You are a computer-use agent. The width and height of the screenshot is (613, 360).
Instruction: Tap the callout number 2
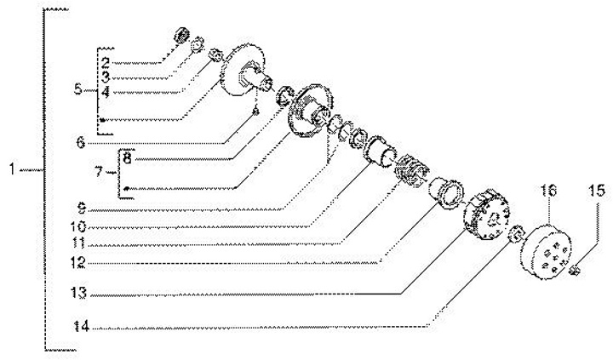[x=106, y=63]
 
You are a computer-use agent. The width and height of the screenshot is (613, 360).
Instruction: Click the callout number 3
[x=106, y=77]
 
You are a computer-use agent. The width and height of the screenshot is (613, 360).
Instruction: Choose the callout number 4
[x=106, y=90]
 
